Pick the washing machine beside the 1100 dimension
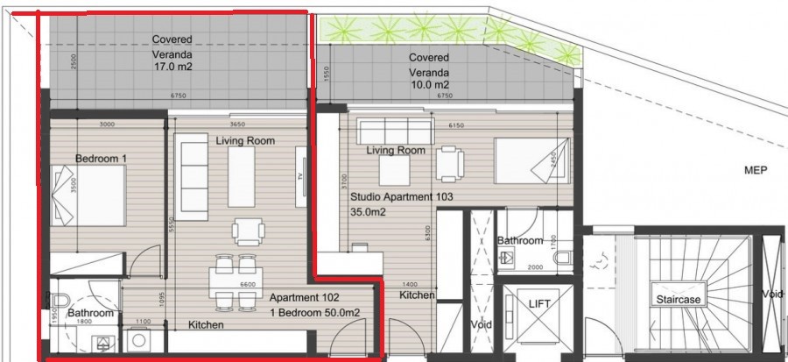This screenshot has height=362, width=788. (137, 339)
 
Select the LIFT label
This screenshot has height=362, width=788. (538, 302)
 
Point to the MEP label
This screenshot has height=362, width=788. (755, 171)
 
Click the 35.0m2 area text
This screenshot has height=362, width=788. (369, 211)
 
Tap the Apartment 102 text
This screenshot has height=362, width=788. (304, 298)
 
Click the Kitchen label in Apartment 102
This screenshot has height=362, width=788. (206, 325)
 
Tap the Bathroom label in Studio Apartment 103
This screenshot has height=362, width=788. (520, 240)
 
